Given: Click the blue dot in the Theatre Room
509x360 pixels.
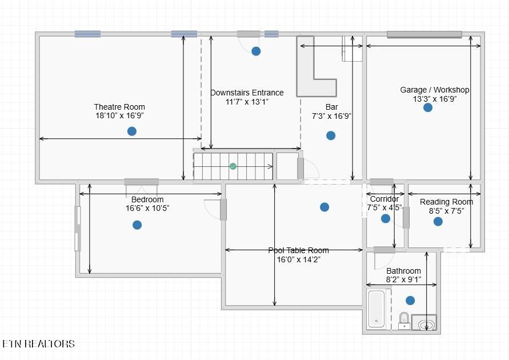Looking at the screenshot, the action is point(132,131).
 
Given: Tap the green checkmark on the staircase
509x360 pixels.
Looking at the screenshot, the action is point(233,166).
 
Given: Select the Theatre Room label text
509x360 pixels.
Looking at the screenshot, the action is point(119,107).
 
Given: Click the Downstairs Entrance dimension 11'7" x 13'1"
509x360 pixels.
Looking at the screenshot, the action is point(247,102).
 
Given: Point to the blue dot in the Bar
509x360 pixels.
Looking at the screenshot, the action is point(331,135).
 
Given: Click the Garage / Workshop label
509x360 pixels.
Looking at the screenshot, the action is point(435,90).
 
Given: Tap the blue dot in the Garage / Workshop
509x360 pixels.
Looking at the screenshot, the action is point(428,107).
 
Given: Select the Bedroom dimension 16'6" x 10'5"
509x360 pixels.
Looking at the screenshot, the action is point(147,208).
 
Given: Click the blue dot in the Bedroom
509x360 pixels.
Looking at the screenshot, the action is point(137,225).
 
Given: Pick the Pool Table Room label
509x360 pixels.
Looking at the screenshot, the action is point(299,250).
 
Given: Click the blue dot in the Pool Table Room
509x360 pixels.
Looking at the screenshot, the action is point(324,207).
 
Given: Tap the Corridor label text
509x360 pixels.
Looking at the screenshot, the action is point(384,199).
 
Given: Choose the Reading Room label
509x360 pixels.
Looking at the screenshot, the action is point(446,202).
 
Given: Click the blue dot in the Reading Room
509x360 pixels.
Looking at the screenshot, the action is point(438,221).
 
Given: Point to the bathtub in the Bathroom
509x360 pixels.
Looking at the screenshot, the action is point(376,309).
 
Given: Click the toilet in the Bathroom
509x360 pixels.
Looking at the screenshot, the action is point(404,321).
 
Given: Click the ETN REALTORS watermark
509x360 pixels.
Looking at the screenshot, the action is point(39,344).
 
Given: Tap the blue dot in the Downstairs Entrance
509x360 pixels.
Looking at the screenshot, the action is point(256,51).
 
